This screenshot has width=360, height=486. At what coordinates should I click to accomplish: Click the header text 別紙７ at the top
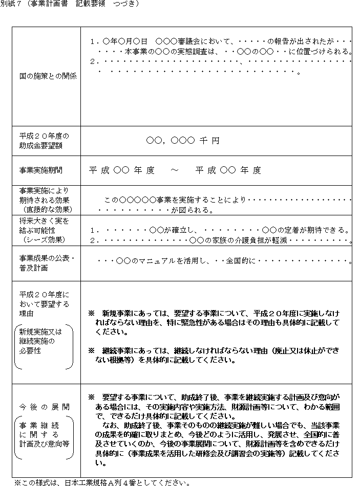click(11, 4)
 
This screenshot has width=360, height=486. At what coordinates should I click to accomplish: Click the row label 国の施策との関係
click(48, 76)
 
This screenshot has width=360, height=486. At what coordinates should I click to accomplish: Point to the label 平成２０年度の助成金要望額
click(44, 141)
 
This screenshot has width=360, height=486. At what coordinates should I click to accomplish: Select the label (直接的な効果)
click(47, 209)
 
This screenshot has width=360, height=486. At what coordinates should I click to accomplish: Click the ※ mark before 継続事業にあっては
click(92, 350)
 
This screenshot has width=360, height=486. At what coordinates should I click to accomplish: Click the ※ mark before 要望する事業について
click(92, 397)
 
